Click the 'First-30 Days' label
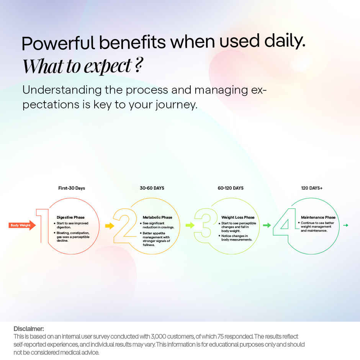click(x=72, y=188)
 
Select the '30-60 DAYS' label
click(x=152, y=188)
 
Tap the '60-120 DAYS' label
click(x=231, y=188)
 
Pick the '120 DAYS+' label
click(x=312, y=188)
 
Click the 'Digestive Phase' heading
click(x=70, y=217)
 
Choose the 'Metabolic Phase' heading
click(x=157, y=217)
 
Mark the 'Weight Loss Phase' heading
click(x=238, y=217)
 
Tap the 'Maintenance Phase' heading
click(x=318, y=217)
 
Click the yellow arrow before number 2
click(x=110, y=226)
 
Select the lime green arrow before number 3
click(x=190, y=225)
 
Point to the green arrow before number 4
click(x=267, y=225)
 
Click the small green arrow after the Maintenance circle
click(x=345, y=225)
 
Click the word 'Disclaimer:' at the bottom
click(x=29, y=329)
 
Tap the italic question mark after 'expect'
click(x=139, y=66)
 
